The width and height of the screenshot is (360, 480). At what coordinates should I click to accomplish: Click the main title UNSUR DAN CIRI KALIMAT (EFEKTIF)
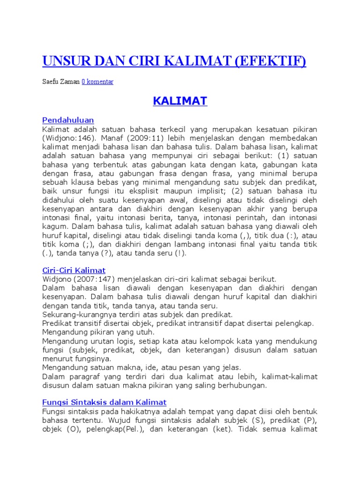click(x=174, y=61)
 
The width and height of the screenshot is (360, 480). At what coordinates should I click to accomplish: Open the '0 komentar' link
click(x=97, y=82)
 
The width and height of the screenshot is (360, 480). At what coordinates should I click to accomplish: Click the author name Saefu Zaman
click(x=61, y=82)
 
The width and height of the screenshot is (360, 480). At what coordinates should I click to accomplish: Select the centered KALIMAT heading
click(x=180, y=101)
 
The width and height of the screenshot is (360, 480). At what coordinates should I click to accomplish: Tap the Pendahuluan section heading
click(x=68, y=120)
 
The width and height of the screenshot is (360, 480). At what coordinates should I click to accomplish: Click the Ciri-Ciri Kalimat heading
click(x=74, y=270)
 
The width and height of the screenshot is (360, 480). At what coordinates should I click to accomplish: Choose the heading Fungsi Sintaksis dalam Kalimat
click(x=104, y=402)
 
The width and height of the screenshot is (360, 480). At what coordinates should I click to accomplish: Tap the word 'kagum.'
click(x=52, y=227)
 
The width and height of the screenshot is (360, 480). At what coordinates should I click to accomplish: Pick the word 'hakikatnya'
click(x=142, y=411)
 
